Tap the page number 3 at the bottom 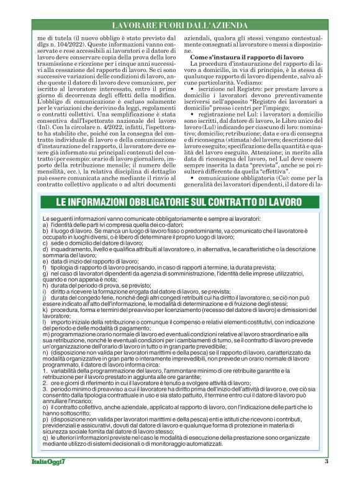[x=326, y=478]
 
